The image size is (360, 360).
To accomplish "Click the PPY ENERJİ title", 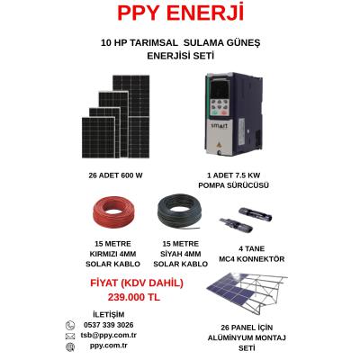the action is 180,13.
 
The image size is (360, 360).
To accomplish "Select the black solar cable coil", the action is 179,212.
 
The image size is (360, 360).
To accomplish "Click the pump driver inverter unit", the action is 234,114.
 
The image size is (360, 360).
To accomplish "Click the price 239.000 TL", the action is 134,297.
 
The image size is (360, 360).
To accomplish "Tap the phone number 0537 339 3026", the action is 109,325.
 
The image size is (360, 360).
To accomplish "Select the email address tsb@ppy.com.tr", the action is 109,335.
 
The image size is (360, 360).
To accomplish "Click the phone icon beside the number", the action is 70,325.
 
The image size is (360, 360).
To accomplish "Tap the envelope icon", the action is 70,336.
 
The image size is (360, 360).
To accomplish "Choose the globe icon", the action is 70,346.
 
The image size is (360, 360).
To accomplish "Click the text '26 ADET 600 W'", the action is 115,175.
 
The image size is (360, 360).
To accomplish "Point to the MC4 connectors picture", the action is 246,220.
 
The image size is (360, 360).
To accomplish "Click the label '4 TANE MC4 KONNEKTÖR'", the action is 251,254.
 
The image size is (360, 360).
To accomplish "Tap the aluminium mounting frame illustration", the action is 247,293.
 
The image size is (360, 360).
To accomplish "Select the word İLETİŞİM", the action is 109,314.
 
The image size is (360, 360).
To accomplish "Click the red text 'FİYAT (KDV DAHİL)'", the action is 137,283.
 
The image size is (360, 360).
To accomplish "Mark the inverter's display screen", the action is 220,89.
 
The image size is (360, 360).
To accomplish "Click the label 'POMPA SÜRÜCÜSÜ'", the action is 233,185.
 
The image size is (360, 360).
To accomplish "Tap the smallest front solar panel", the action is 98,137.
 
